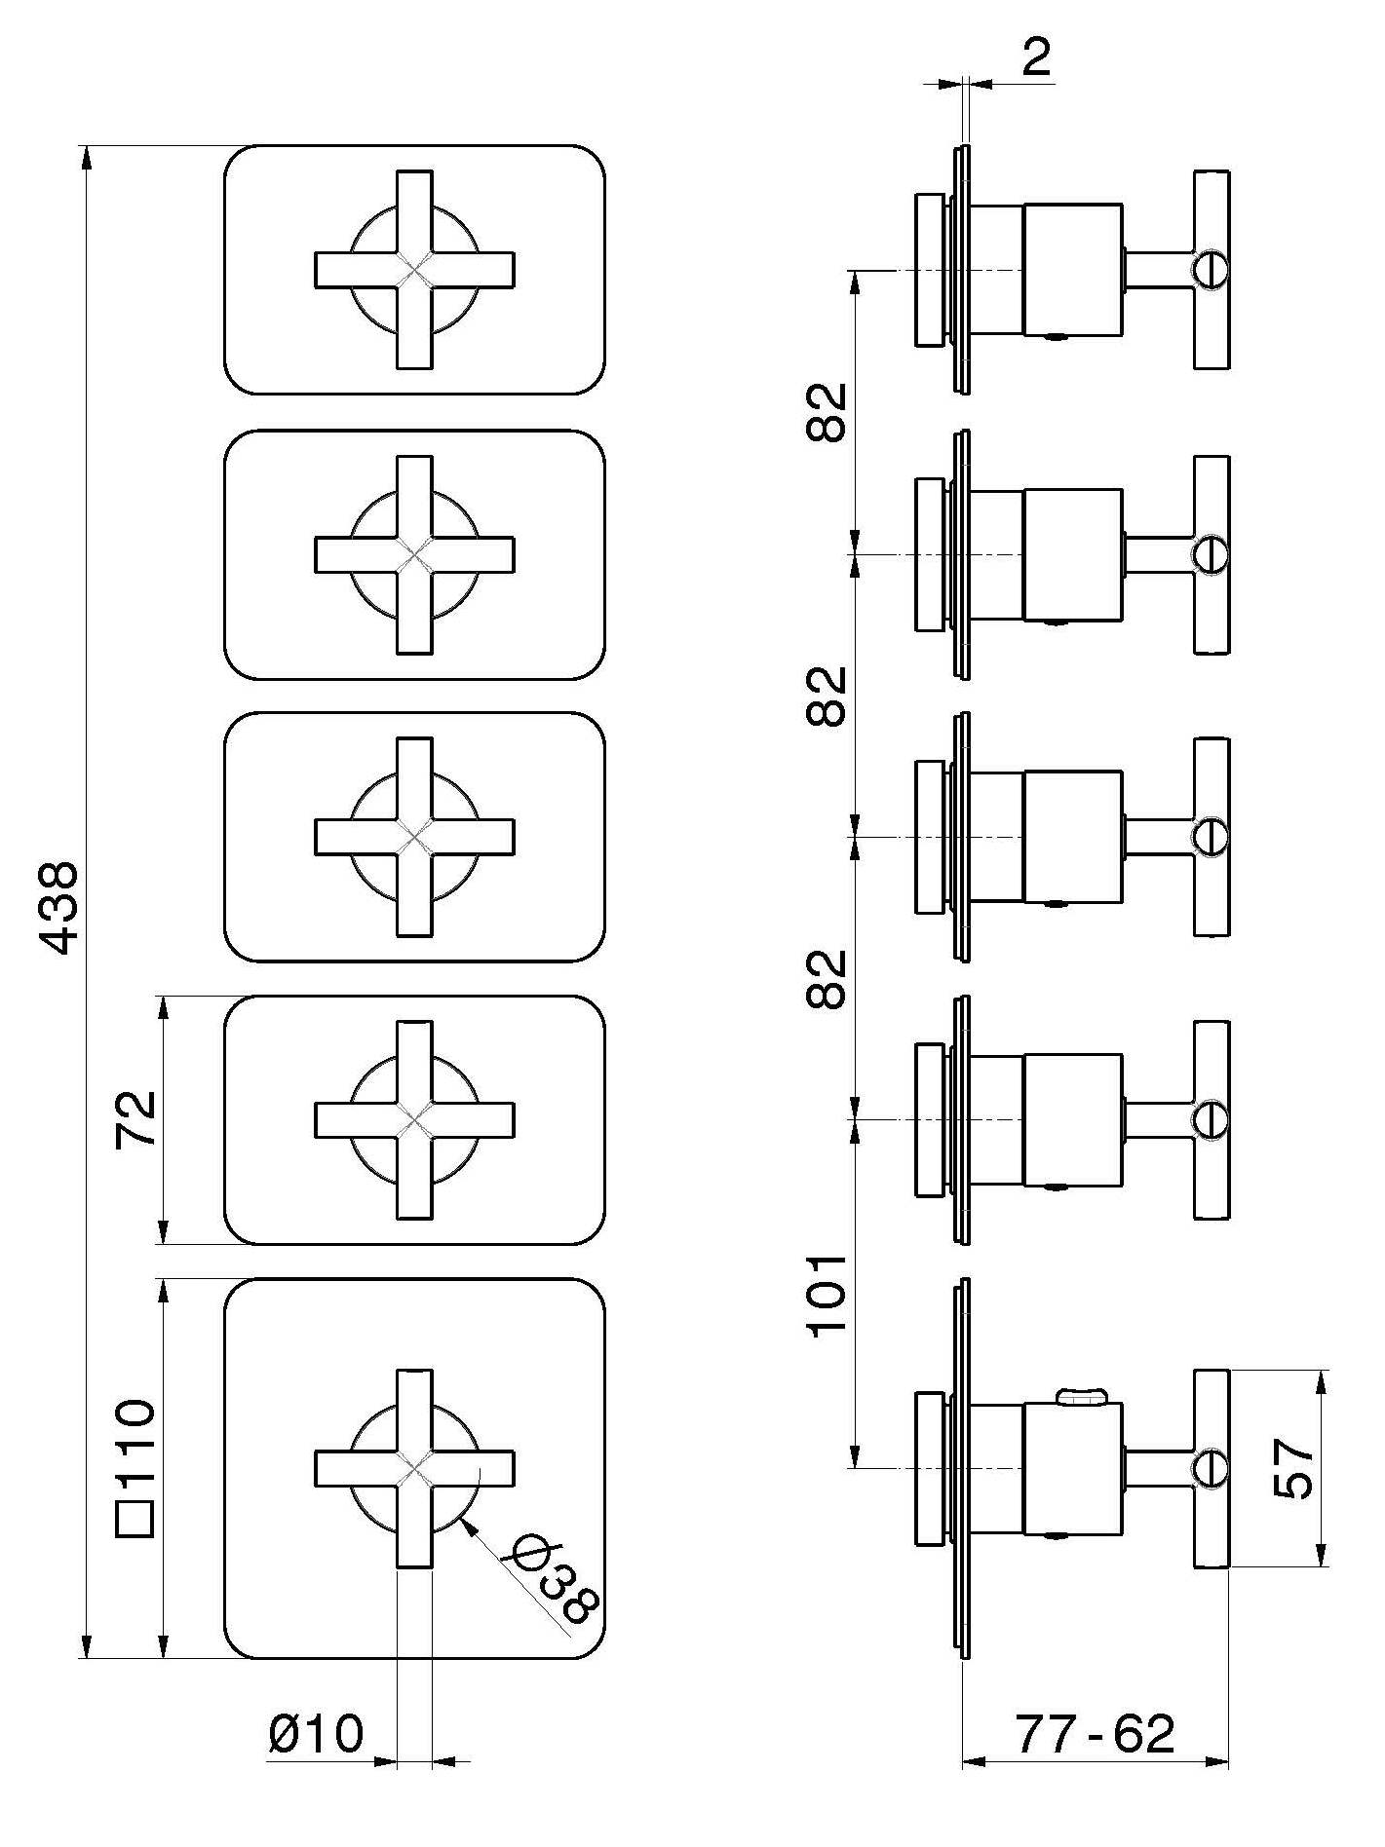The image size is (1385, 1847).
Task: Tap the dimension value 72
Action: click(135, 1119)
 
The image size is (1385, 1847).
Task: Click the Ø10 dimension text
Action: click(316, 1733)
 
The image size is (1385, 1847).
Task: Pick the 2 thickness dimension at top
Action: click(1037, 58)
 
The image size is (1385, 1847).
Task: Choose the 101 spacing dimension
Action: click(827, 1296)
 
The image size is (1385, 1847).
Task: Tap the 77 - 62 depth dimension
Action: click(1096, 1733)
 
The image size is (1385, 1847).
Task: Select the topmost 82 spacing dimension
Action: click(827, 412)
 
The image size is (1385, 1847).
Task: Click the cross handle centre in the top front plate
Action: click(415, 270)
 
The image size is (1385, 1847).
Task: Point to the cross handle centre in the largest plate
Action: click(415, 1468)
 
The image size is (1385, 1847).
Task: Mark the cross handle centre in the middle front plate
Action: click(415, 837)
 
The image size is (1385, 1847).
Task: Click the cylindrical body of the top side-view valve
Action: click(1072, 270)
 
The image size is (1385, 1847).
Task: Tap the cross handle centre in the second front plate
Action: click(415, 554)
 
